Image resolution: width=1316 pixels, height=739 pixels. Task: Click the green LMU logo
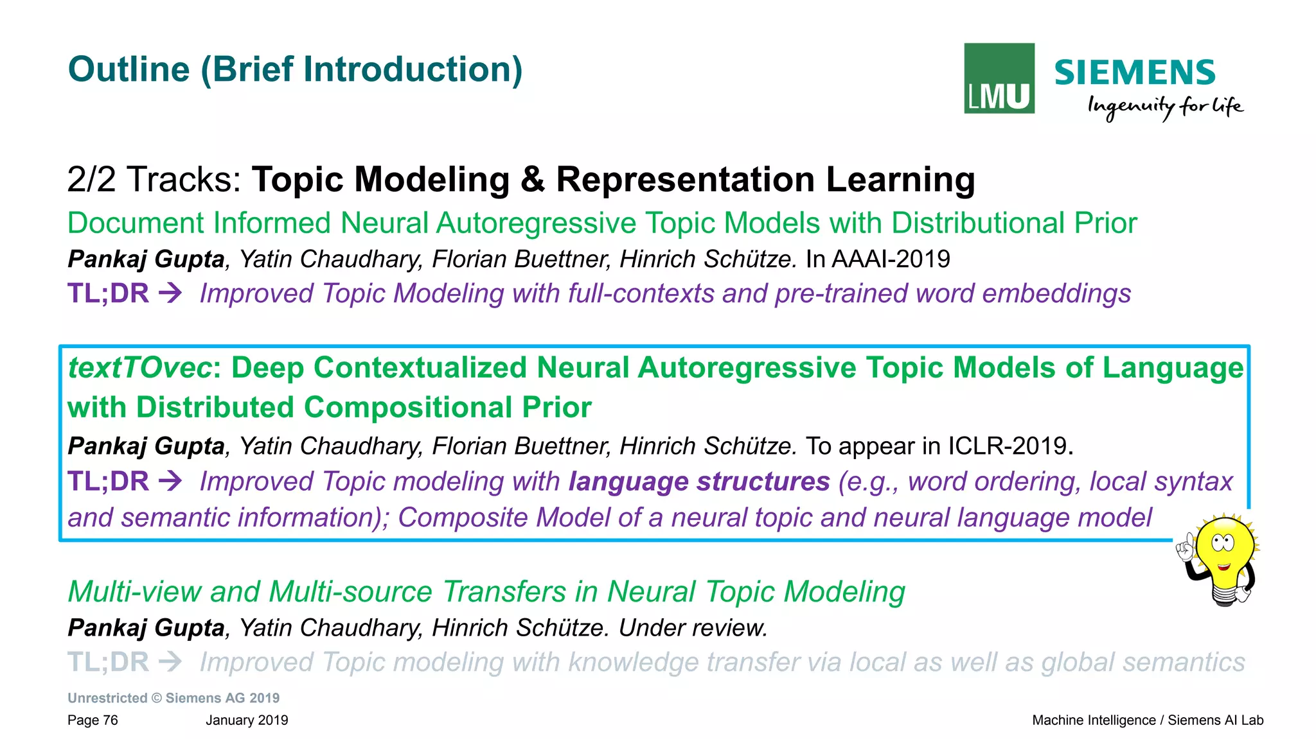pos(999,78)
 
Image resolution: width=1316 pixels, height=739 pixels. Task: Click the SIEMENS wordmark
pos(1134,73)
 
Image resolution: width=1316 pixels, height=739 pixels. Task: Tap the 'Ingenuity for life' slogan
pos(1164,107)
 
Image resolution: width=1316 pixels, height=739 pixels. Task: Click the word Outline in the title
pos(129,69)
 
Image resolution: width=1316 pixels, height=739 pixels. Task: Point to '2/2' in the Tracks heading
pos(91,179)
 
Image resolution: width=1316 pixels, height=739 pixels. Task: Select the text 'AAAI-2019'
pos(891,259)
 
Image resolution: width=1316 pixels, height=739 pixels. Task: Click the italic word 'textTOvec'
pos(139,368)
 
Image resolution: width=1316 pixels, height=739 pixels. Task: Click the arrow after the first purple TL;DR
pos(171,293)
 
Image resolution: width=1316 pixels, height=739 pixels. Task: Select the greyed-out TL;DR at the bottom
pos(108,662)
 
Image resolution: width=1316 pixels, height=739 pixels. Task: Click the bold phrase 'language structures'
pos(699,482)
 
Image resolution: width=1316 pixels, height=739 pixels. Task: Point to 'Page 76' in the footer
pos(93,720)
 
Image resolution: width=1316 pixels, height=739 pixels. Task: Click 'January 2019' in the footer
pos(247,720)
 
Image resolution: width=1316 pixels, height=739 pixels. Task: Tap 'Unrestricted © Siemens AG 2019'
pos(173,698)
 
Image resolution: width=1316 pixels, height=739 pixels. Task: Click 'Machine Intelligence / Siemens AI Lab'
pos(1147,720)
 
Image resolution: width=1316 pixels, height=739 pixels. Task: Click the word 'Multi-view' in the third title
pos(134,592)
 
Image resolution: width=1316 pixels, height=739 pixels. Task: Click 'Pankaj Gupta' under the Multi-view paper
pos(146,628)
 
